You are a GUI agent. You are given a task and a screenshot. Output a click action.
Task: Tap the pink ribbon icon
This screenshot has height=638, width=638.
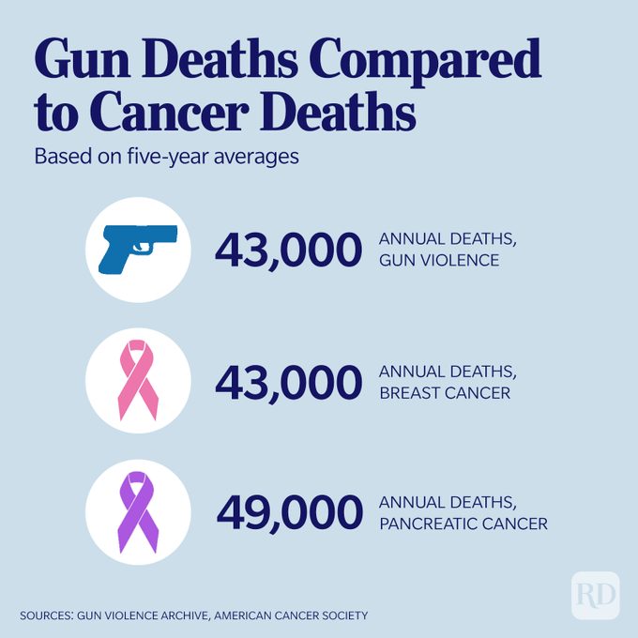coord(138,380)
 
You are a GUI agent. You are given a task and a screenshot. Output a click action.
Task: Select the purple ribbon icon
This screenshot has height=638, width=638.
coord(137,511)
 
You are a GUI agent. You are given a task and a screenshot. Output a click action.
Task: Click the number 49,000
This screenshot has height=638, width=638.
coord(289,512)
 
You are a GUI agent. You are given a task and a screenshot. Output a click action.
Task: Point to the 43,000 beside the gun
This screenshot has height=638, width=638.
coord(289,250)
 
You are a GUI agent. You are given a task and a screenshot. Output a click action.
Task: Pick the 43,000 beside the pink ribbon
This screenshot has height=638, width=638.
coord(289,381)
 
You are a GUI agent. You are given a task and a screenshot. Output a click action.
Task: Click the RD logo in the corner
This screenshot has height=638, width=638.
coord(595,594)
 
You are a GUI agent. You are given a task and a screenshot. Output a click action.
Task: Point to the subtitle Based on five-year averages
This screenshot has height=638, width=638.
coord(167,156)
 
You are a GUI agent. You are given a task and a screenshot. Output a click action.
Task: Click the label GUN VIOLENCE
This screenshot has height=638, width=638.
coord(439,260)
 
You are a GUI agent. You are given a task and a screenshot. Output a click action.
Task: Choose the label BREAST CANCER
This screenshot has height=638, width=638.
coord(445,392)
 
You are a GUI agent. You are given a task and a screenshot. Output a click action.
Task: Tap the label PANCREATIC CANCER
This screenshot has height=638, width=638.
coord(463,524)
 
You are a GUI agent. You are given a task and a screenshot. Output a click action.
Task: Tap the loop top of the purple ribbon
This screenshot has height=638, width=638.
coord(137,482)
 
